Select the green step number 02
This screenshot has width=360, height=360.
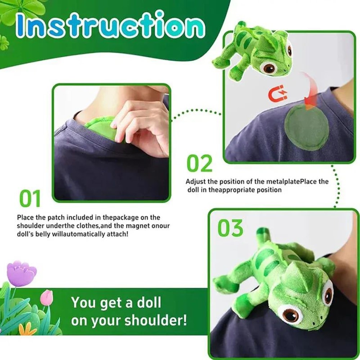coord(200,163)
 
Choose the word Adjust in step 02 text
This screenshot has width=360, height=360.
coord(194,181)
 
